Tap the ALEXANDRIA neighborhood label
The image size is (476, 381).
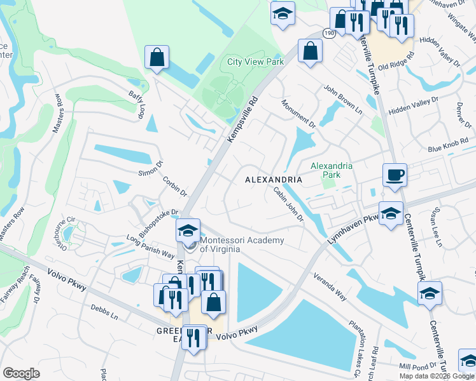(274, 180)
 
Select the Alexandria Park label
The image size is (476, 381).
(331, 170)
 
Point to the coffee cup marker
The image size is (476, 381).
(395, 175)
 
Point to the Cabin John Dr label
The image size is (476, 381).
(288, 204)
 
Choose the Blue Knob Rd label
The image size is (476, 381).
(444, 147)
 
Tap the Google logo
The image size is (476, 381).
(21, 373)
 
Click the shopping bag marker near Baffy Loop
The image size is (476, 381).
(157, 58)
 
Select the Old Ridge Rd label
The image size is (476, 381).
(396, 66)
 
